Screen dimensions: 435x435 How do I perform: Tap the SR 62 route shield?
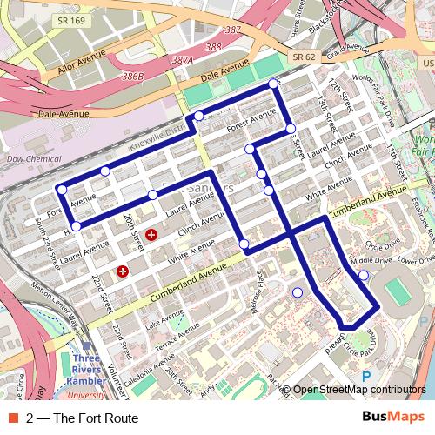pos(303,57)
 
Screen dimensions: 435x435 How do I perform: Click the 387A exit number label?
pos(182,61)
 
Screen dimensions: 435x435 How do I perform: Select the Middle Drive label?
pos(371,259)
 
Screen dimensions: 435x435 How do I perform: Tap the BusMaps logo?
pos(393,418)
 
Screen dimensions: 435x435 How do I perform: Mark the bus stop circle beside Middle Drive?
pos(363,276)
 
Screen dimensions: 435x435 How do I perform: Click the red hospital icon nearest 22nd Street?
pos(123,271)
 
